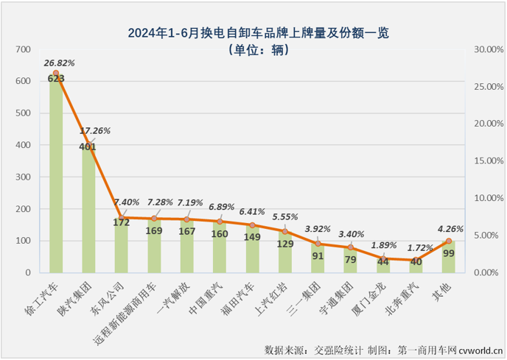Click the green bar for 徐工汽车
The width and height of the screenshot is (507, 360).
(56, 177)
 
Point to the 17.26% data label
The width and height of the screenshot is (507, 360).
(94, 130)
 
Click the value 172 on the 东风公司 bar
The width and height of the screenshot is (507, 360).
(122, 221)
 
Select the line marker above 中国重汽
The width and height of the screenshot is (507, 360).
(220, 221)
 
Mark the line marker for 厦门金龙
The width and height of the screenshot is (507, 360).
(383, 258)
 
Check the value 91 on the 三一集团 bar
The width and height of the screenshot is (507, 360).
(318, 257)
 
